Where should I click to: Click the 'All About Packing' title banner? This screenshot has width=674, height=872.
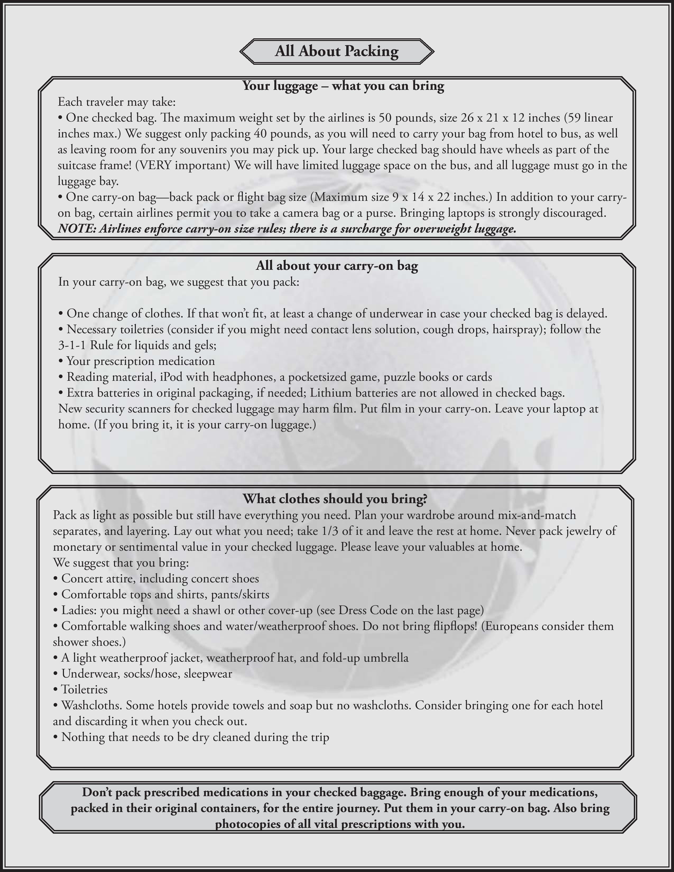336,52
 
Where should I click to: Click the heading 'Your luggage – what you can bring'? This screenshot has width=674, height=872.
343,86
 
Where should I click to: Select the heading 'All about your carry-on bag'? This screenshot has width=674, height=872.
336,266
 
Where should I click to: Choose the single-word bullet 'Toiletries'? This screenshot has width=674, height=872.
84,689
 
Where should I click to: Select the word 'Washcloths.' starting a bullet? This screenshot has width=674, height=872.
92,706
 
